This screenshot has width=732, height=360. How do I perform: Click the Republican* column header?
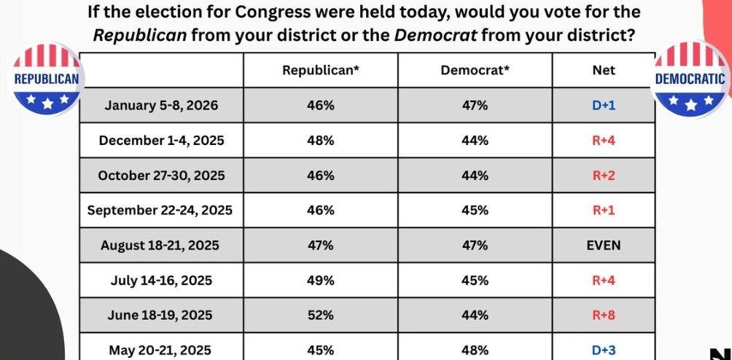pyautogui.click(x=321, y=70)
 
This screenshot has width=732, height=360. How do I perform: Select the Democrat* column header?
pyautogui.click(x=475, y=70)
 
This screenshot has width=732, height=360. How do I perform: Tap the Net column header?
pyautogui.click(x=604, y=70)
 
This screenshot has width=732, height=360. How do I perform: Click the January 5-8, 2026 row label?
pyautogui.click(x=161, y=106)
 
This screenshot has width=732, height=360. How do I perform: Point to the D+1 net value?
pyautogui.click(x=604, y=106)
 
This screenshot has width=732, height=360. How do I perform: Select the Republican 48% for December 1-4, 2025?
pyautogui.click(x=321, y=141)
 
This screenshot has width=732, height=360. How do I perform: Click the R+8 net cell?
pyautogui.click(x=604, y=316)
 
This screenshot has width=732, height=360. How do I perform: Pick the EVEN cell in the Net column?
pyautogui.click(x=604, y=246)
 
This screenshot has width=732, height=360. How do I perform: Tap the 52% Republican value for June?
pyautogui.click(x=321, y=316)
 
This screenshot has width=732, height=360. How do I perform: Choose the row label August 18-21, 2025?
pyautogui.click(x=161, y=246)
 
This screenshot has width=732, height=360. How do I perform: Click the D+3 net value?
pyautogui.click(x=604, y=351)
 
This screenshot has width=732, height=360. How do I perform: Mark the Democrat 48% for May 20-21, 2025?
pyautogui.click(x=475, y=351)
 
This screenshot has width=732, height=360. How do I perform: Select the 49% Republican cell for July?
pyautogui.click(x=321, y=281)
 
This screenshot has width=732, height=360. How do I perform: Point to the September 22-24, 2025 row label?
pyautogui.click(x=160, y=211)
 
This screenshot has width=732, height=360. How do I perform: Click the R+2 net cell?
pyautogui.click(x=604, y=176)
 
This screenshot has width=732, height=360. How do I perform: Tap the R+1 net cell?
pyautogui.click(x=604, y=211)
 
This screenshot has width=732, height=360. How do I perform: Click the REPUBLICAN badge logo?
pyautogui.click(x=45, y=79)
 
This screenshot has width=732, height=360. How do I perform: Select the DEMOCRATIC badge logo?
pyautogui.click(x=690, y=79)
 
